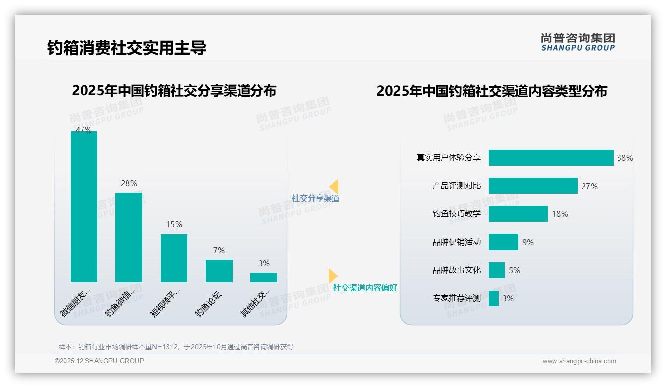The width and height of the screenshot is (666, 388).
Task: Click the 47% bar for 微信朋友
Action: click(84, 206)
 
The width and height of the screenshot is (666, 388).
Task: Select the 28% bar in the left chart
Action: click(129, 237)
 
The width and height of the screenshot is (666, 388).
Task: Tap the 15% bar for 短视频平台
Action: click(174, 258)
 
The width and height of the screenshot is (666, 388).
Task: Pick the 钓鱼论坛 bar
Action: click(219, 271)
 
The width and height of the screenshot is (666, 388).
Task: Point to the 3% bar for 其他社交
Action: click(264, 277)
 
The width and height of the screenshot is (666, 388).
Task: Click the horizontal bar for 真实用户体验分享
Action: click(551, 158)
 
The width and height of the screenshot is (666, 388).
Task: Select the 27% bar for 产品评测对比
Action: click(533, 186)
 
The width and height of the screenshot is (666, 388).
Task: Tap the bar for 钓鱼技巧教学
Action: click(518, 214)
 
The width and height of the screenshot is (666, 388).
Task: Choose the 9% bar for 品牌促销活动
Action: click(503, 242)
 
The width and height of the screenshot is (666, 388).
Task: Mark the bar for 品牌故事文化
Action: click(497, 270)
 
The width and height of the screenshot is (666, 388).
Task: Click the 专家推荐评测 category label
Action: click(456, 298)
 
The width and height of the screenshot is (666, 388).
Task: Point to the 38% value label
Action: click(625, 158)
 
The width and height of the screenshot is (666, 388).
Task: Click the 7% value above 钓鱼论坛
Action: click(219, 250)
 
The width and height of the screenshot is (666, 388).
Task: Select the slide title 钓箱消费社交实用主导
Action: click(127, 48)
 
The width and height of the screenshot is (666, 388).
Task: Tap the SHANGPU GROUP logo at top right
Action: click(578, 42)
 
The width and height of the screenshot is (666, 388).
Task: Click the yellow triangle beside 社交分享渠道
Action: click(333, 187)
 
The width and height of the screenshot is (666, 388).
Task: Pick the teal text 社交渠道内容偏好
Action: click(365, 288)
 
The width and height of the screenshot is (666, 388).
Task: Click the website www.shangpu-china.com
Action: click(579, 361)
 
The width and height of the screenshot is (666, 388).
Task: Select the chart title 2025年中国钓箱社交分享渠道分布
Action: click(174, 91)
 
